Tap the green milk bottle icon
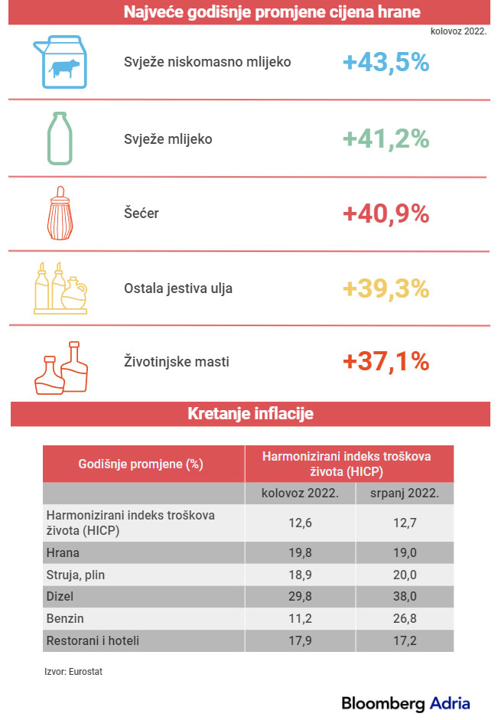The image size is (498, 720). pyautogui.click(x=60, y=138)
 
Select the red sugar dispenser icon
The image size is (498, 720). pyautogui.click(x=60, y=213)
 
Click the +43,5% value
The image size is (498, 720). pyautogui.click(x=386, y=63)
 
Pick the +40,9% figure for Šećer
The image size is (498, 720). pyautogui.click(x=386, y=213)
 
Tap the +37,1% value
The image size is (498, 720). pyautogui.click(x=386, y=361)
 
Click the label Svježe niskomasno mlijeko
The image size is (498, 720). pyautogui.click(x=207, y=62)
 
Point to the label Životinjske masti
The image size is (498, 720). pyautogui.click(x=176, y=361)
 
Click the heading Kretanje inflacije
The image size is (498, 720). pyautogui.click(x=250, y=414)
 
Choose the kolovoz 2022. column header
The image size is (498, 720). pyautogui.click(x=301, y=494)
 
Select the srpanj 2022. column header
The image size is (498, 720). pyautogui.click(x=405, y=494)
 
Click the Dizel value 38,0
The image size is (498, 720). pyautogui.click(x=405, y=596)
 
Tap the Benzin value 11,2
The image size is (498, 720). pyautogui.click(x=301, y=618)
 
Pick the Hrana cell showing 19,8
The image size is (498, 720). pyautogui.click(x=301, y=552)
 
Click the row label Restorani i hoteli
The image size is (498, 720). pyautogui.click(x=93, y=640)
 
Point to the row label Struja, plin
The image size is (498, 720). pyautogui.click(x=76, y=574)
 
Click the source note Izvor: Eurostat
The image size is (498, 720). pyautogui.click(x=73, y=671)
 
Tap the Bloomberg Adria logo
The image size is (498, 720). pyautogui.click(x=405, y=702)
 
